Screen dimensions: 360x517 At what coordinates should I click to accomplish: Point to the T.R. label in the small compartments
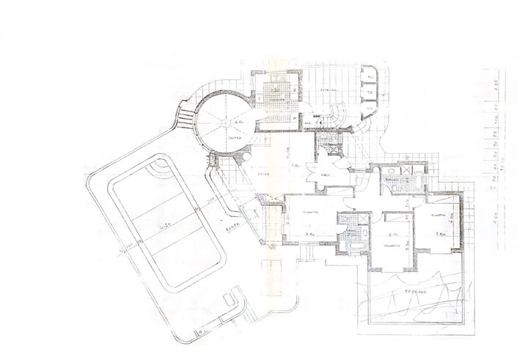(371, 93)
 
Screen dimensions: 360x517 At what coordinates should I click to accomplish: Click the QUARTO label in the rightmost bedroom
(439, 216)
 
